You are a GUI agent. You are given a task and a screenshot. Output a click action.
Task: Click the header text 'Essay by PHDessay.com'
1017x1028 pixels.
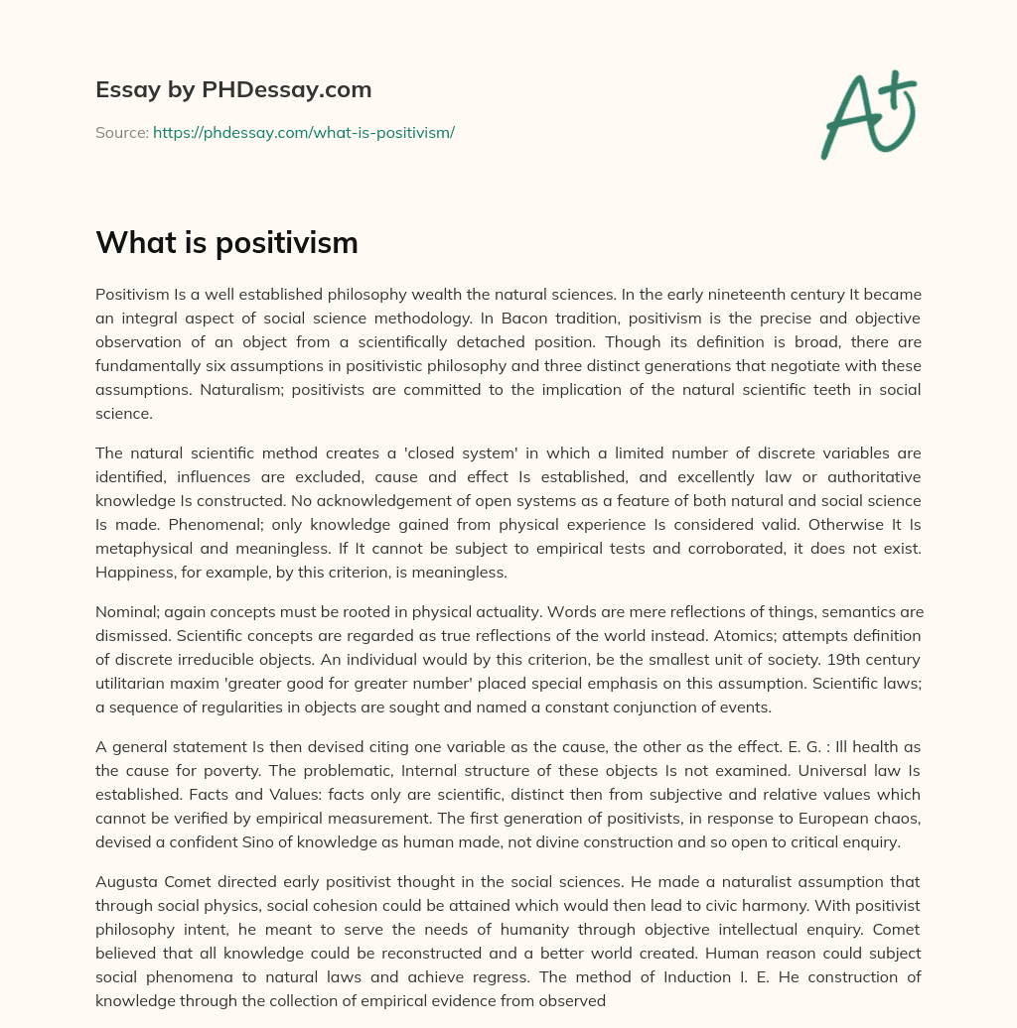pos(233,90)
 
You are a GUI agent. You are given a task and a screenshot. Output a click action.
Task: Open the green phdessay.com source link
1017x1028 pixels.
pos(303,132)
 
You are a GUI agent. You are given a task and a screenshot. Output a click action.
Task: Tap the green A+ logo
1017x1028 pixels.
pos(868,114)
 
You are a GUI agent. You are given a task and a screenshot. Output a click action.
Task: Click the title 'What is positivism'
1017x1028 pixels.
pos(226,243)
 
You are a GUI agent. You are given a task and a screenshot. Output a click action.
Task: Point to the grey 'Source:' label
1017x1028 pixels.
pos(122,132)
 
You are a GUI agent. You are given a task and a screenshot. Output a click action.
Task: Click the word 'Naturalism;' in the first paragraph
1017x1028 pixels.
pos(241,390)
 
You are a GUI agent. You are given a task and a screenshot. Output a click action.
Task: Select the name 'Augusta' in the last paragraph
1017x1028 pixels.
pos(125,881)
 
